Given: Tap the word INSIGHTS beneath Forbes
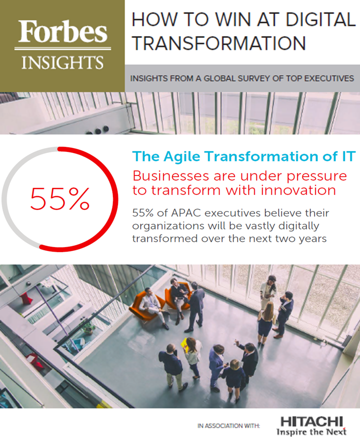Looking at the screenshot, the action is (62, 62).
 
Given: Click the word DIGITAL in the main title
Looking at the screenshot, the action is (320, 19).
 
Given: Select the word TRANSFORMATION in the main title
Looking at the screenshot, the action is (218, 43).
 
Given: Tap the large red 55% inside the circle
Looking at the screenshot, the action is (60, 198).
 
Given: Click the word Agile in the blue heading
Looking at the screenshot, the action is (181, 156).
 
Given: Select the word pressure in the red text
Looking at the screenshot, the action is (316, 176).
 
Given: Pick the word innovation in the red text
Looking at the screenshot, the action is (298, 190).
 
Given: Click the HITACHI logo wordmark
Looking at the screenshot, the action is (311, 421).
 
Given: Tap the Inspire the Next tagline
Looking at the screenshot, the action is (311, 432).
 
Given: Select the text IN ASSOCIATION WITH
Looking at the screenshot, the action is (228, 425).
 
